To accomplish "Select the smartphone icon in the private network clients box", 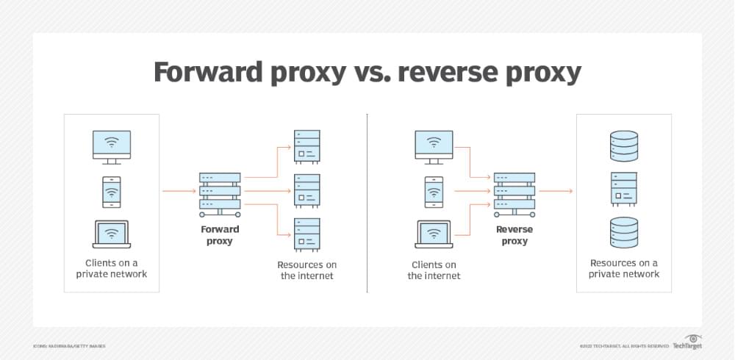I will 111,192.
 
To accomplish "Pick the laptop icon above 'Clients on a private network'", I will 111,235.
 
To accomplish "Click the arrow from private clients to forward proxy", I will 179,192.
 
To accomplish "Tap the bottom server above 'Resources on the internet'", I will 306,234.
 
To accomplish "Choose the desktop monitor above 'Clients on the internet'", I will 434,147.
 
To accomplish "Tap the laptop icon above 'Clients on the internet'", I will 434,235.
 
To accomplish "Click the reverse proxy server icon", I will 513,192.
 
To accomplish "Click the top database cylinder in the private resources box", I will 624,145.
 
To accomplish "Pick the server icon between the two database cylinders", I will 624,189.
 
